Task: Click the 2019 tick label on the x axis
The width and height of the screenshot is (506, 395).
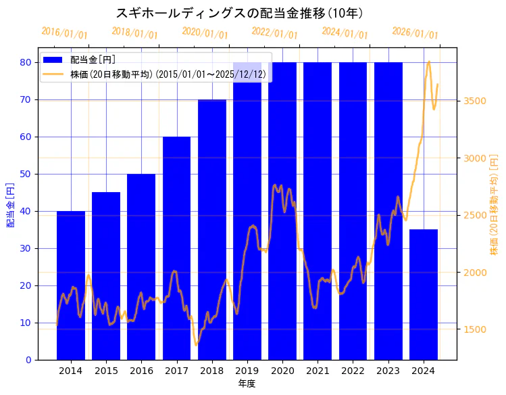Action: [x=247, y=371]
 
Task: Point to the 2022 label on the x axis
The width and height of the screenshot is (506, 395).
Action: [x=353, y=371]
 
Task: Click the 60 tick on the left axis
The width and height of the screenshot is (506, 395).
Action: [x=26, y=137]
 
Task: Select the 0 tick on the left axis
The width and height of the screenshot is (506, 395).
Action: [x=28, y=360]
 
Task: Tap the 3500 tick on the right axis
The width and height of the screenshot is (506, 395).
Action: [x=476, y=101]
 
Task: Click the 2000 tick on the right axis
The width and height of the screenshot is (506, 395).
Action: [x=476, y=273]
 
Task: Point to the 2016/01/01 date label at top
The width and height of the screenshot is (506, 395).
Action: [x=64, y=32]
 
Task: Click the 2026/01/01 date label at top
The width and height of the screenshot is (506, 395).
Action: [x=415, y=32]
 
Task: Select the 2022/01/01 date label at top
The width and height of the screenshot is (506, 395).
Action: [x=274, y=32]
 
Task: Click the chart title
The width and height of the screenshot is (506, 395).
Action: [x=240, y=13]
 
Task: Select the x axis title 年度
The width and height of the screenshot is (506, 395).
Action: [x=247, y=384]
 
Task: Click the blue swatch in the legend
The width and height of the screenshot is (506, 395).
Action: [x=54, y=60]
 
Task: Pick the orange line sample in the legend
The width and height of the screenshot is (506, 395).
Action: [x=54, y=74]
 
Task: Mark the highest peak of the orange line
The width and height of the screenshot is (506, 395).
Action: [x=428, y=62]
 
